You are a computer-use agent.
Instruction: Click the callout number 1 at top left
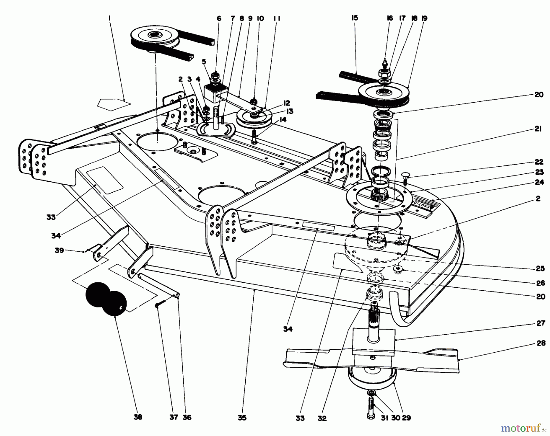109,19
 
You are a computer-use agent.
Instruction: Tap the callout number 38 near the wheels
138,417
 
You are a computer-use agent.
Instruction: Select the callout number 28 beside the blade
541,343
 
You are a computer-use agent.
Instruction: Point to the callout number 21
538,129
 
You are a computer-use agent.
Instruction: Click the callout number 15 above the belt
354,18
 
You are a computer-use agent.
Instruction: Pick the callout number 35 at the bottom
242,417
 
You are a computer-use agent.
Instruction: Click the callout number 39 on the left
60,250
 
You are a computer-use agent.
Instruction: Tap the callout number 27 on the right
541,323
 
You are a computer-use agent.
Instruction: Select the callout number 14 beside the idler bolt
283,120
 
